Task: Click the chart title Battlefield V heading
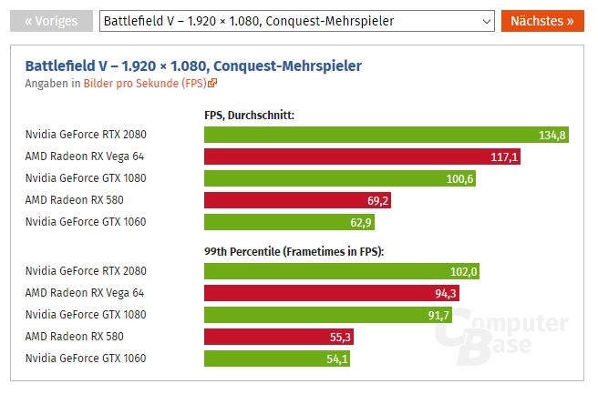193,66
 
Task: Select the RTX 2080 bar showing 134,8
387,135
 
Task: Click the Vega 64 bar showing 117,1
364,157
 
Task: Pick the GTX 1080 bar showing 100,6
340,178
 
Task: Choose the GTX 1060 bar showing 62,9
290,222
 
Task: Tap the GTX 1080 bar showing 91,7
329,315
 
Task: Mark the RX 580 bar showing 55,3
279,337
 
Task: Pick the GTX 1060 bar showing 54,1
277,359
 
